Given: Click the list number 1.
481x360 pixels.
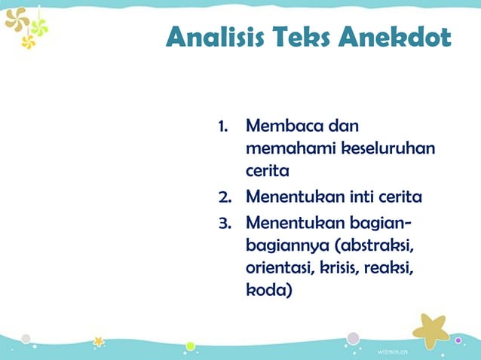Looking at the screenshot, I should click(222, 125).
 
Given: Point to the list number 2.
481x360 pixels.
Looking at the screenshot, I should click(224, 197).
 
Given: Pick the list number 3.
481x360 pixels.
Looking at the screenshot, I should click(224, 222).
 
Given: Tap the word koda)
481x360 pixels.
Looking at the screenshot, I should click(268, 291).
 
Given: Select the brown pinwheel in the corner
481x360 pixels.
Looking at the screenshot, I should click(16, 18).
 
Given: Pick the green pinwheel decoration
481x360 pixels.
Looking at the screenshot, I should click(38, 27).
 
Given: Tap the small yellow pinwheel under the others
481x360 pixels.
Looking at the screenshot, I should click(29, 42).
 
